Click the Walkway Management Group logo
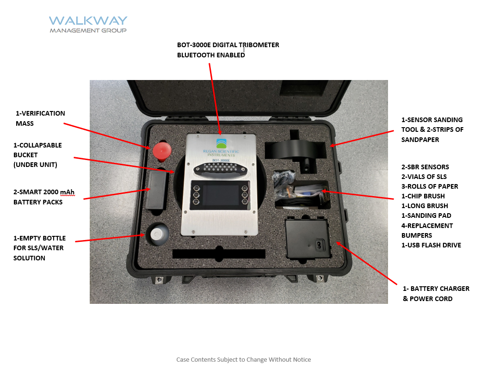88,25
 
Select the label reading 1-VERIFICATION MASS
40,118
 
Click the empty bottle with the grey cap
157,234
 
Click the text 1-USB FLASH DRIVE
431,245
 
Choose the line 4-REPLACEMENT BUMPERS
427,230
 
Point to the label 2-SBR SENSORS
425,167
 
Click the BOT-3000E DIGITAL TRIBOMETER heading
228,45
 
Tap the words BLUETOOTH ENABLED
211,55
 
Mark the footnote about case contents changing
243,359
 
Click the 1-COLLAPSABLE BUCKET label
37,155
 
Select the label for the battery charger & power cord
436,294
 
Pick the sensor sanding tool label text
432,129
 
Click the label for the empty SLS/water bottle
39,248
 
